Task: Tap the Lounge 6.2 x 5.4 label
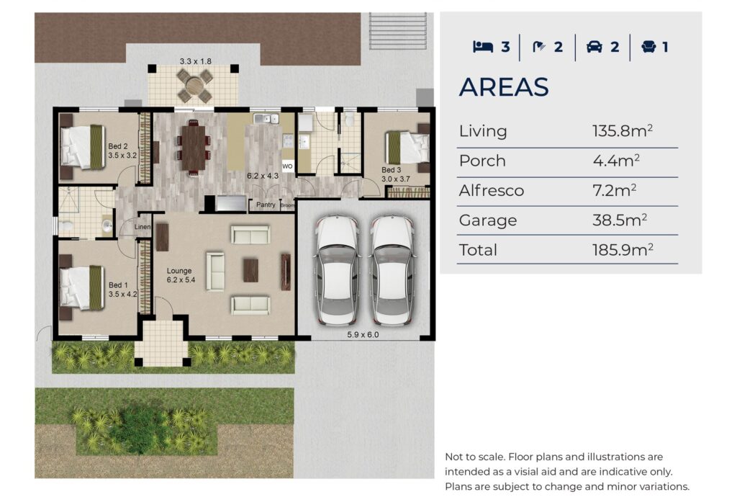(x=181, y=275)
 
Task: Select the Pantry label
(x=266, y=205)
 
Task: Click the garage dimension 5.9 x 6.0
(x=363, y=335)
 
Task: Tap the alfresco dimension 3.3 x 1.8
(x=196, y=61)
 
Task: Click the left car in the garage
(x=337, y=270)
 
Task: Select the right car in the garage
(x=392, y=270)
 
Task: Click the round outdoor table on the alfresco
(x=194, y=86)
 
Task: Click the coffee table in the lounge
(x=250, y=270)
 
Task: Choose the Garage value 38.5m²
(x=620, y=220)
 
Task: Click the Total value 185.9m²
(x=623, y=249)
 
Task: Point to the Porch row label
(x=482, y=161)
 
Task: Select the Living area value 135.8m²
(x=623, y=130)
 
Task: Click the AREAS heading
(x=504, y=87)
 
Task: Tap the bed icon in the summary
(x=483, y=47)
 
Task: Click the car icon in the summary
(x=594, y=47)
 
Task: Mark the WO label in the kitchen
(x=287, y=166)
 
